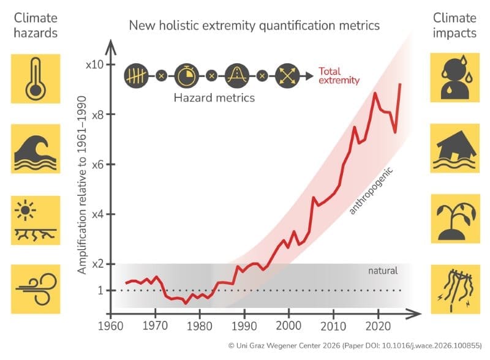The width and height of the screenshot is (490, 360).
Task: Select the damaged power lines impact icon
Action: (x=454, y=289)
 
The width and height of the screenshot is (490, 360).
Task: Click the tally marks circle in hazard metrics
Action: (x=136, y=76)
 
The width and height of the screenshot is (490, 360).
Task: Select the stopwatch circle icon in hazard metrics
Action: (x=186, y=76)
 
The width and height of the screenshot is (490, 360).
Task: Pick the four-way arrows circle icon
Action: (x=287, y=76)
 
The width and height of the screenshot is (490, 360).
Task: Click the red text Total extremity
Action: (x=339, y=76)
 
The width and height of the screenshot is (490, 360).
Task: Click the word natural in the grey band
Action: (x=383, y=271)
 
